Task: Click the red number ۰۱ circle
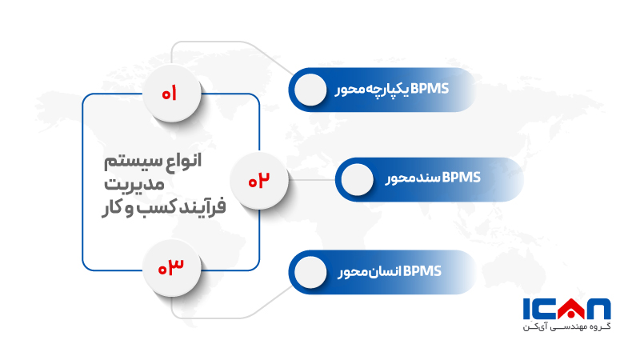[170, 94]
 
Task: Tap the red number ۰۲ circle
[258, 181]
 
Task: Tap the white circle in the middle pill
[357, 179]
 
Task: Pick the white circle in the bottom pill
[310, 272]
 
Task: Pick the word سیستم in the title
[127, 162]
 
